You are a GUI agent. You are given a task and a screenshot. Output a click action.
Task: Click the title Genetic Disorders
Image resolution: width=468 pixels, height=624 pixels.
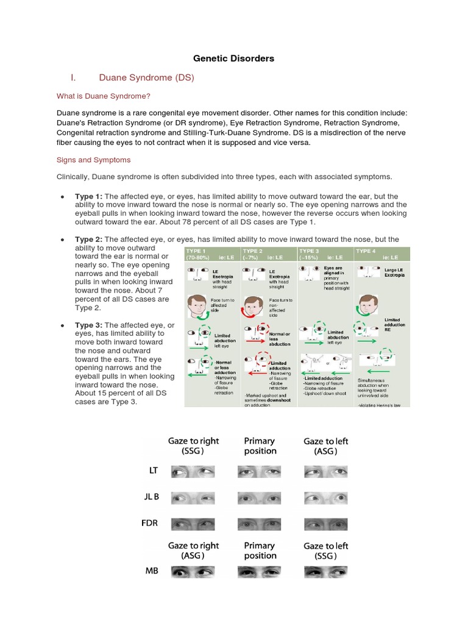pyautogui.click(x=234, y=58)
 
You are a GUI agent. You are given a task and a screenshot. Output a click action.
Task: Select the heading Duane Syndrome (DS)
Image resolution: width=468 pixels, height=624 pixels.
pyautogui.click(x=146, y=78)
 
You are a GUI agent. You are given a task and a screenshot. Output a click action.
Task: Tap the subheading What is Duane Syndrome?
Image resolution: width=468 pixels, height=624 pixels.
pyautogui.click(x=103, y=96)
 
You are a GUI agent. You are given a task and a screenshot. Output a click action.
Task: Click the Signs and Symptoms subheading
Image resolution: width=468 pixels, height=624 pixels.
pyautogui.click(x=93, y=160)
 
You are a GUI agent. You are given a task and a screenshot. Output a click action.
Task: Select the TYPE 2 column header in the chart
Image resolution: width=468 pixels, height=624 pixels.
pyautogui.click(x=253, y=251)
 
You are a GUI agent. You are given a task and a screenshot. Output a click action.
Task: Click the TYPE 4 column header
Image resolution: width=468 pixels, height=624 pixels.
pyautogui.click(x=366, y=251)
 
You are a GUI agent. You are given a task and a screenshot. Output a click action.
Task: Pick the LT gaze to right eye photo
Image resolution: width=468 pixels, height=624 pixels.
pyautogui.click(x=194, y=472)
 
